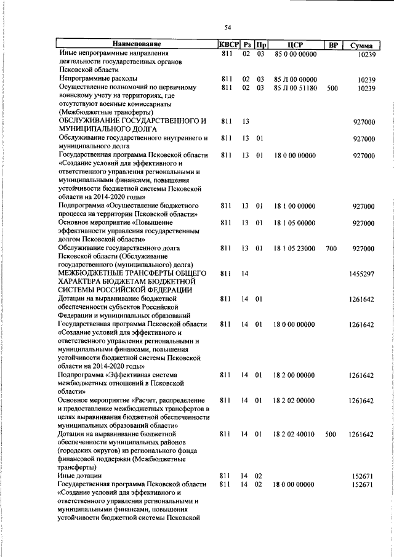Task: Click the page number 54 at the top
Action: click(227, 28)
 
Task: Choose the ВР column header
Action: click(332, 44)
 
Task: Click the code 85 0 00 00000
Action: click(295, 54)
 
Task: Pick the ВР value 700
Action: click(332, 248)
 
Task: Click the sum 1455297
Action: click(361, 273)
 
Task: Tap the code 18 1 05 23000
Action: click(295, 248)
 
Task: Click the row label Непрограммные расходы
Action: click(98, 79)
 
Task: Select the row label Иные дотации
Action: click(80, 476)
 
